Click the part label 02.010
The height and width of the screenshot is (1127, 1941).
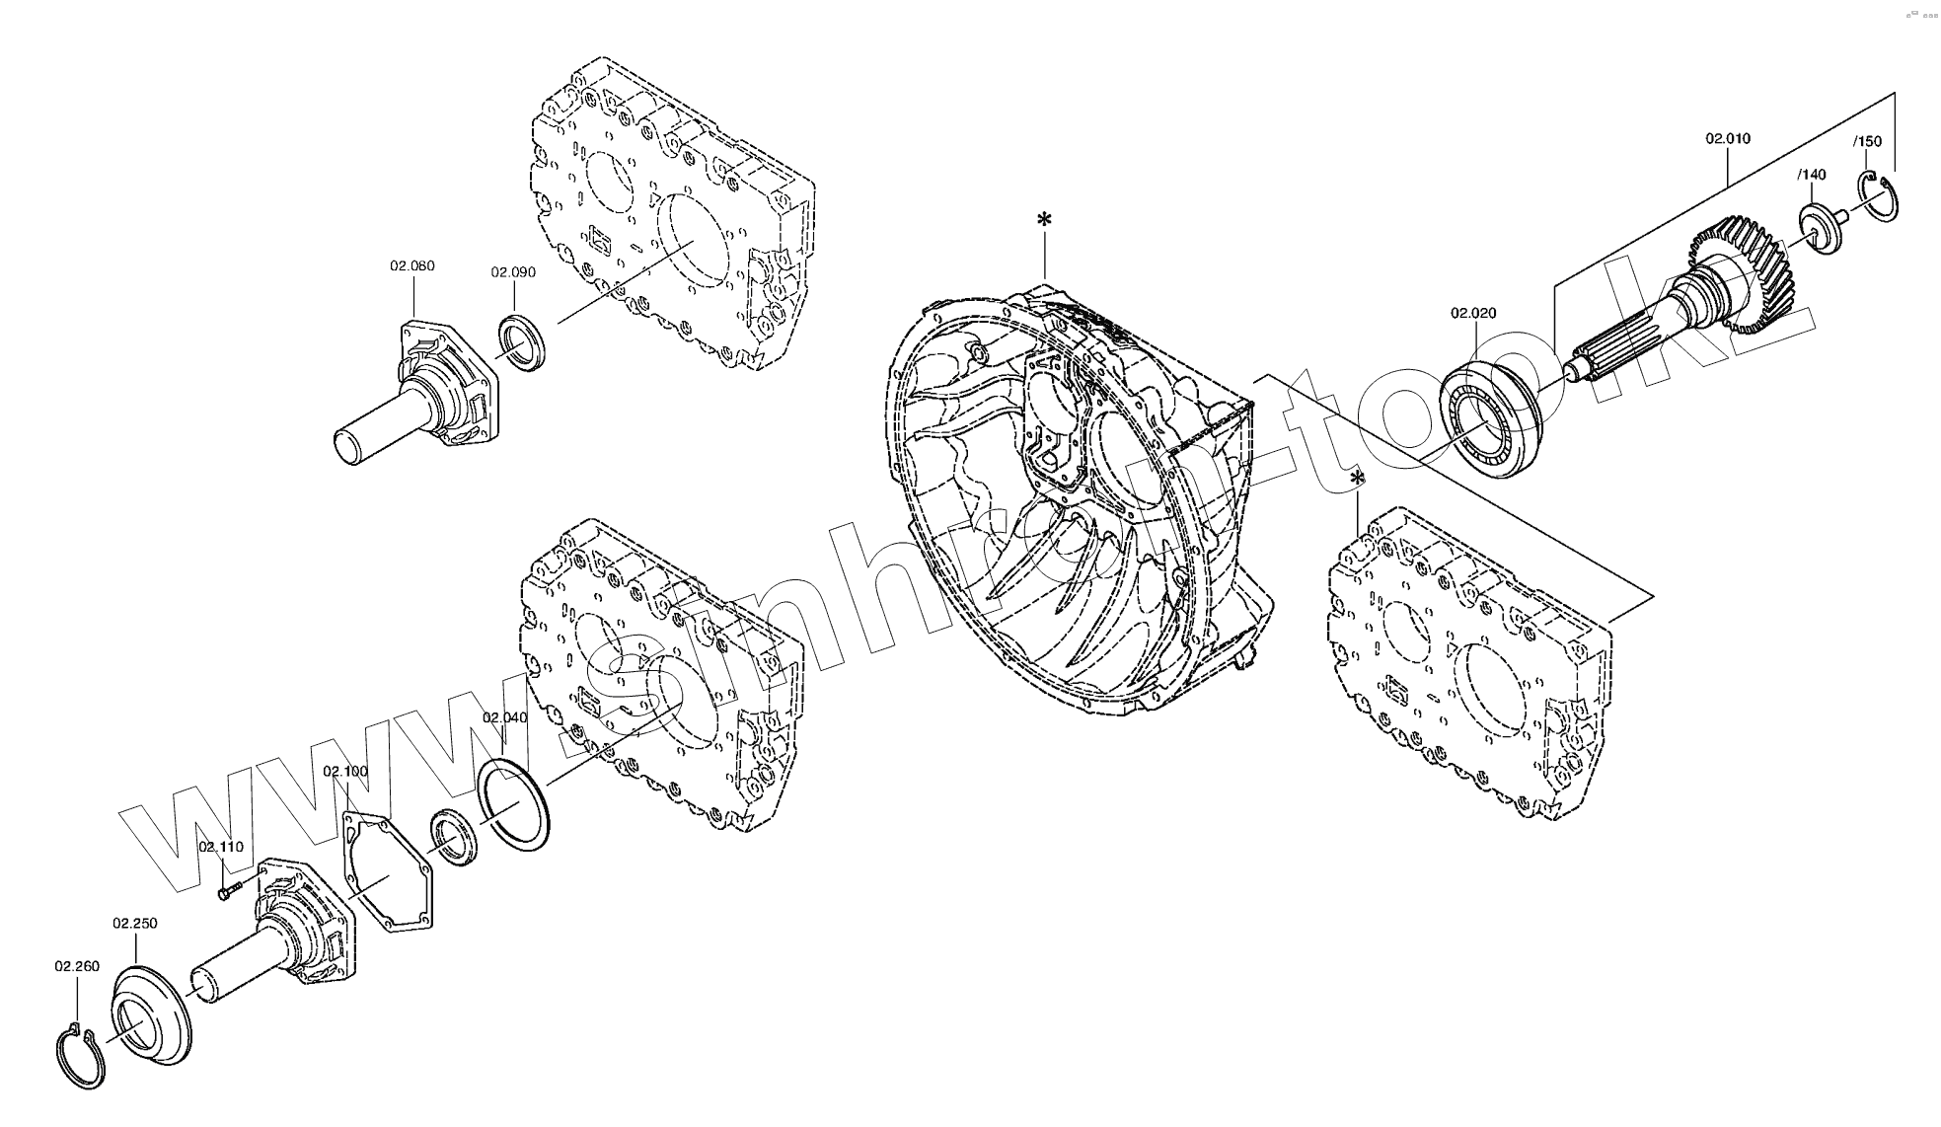(x=1728, y=138)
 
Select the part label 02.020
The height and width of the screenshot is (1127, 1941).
(x=1473, y=313)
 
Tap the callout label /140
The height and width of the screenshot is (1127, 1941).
(x=1812, y=175)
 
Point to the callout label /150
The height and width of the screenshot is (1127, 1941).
(x=1867, y=141)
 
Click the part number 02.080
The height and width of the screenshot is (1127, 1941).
(x=412, y=265)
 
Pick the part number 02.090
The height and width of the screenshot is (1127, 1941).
(x=513, y=272)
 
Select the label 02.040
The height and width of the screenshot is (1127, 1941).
(x=504, y=717)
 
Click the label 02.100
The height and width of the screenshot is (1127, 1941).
(x=345, y=771)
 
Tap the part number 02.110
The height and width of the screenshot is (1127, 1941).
(x=221, y=847)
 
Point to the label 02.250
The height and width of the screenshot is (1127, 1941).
(x=135, y=923)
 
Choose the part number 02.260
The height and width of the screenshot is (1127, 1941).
(x=77, y=966)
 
